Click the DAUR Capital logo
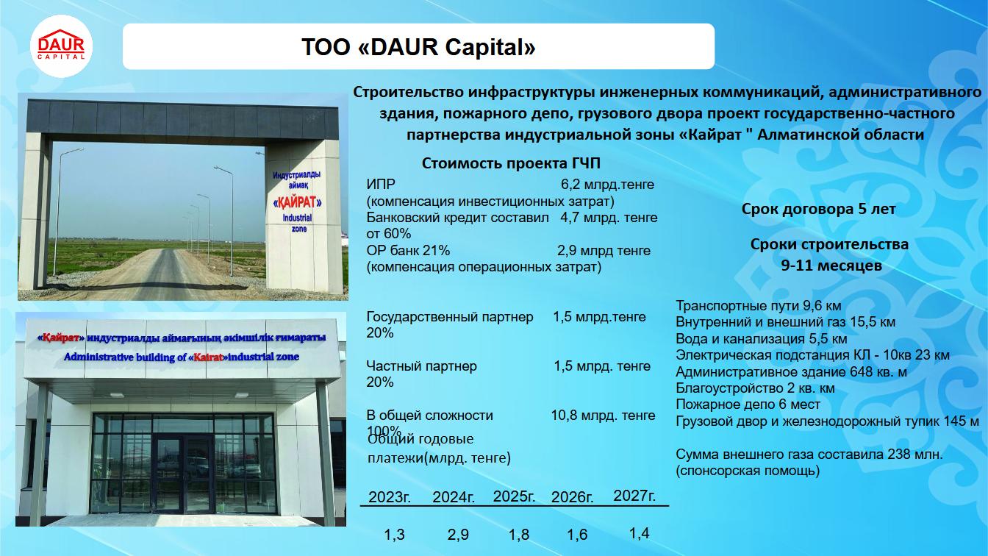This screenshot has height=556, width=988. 61,46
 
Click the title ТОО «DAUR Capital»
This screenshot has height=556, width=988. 418,47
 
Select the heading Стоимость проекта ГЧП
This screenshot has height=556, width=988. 511,163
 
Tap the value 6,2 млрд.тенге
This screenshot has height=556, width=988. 607,185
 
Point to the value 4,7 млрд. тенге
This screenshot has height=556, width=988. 609,218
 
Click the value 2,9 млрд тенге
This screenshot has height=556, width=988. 604,251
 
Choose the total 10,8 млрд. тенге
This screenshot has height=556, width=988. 603,416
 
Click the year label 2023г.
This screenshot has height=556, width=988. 390,497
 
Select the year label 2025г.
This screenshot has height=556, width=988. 514,496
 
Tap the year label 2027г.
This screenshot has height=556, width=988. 634,496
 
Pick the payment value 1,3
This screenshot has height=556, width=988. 394,535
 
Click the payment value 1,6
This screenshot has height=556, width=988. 577,535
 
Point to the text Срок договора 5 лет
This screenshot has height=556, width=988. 819,209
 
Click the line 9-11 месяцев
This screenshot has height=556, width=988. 831,265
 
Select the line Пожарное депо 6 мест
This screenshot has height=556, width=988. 748,404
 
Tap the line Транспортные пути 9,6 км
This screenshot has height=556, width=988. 758,305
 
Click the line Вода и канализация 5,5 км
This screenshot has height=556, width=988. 762,338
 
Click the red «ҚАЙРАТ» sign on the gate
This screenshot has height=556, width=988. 297,202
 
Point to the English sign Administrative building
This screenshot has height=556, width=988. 182,357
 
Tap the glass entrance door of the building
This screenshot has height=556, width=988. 184,474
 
